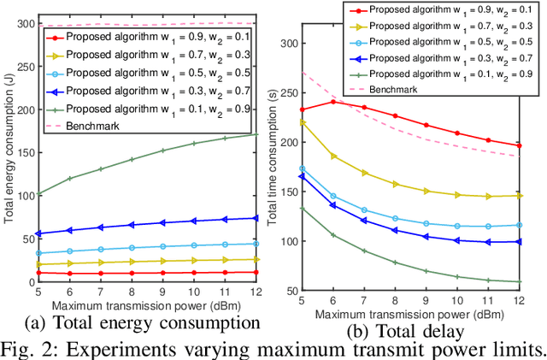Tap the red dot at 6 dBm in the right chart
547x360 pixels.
click(332, 102)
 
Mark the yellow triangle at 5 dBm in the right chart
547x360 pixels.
click(301, 122)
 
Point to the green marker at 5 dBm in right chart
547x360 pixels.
click(301, 208)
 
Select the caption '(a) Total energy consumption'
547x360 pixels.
click(141, 323)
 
